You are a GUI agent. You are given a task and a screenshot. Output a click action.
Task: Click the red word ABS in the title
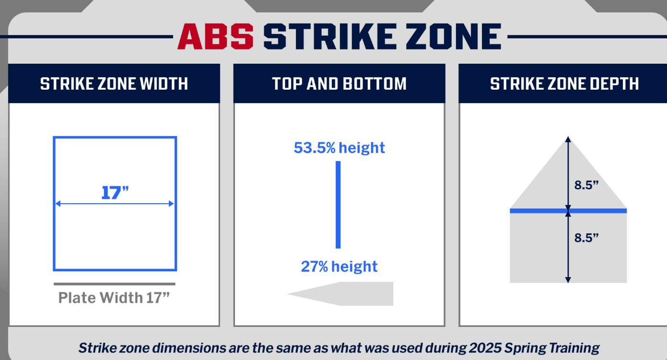coord(215,36)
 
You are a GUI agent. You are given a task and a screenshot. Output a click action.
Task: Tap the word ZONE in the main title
coord(454,36)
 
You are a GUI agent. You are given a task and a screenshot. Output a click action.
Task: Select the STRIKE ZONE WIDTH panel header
coord(114,84)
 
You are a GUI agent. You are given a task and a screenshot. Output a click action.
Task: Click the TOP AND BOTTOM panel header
coord(339,84)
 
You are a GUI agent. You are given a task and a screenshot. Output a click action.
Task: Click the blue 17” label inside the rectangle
coord(115,193)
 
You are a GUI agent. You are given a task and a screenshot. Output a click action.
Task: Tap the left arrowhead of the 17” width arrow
coord(58,204)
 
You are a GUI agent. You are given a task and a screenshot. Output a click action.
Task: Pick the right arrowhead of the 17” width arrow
coord(171,204)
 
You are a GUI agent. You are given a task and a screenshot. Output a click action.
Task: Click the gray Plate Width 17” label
coord(114,298)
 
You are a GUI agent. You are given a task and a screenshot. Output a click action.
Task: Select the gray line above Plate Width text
coord(114,284)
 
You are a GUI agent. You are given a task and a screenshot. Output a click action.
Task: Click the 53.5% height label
coord(339,148)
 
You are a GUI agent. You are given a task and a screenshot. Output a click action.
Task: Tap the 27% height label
coord(339,267)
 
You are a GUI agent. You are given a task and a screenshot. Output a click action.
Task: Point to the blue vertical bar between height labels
coord(338,205)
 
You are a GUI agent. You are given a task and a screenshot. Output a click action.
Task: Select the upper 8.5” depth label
coord(586,185)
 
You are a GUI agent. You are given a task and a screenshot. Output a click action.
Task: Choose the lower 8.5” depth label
coord(586,238)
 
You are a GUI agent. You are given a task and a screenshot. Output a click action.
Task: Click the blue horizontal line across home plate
coord(568,211)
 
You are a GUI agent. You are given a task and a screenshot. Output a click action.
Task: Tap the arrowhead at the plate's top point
coord(568,139)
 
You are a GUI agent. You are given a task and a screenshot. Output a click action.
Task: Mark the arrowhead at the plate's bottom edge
coord(568,280)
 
